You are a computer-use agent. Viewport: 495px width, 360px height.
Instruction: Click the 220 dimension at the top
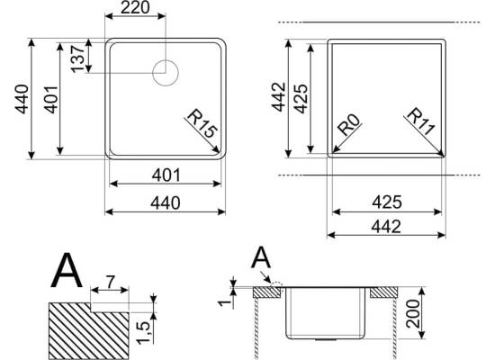click(x=135, y=8)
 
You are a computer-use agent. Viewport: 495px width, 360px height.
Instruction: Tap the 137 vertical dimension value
click(x=77, y=59)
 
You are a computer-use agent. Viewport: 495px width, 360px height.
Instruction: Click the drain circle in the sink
click(x=166, y=73)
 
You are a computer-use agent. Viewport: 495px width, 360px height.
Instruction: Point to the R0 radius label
click(x=349, y=124)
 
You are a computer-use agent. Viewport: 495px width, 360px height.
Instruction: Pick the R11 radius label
click(x=421, y=121)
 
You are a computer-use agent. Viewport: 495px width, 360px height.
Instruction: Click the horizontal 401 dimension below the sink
click(x=166, y=175)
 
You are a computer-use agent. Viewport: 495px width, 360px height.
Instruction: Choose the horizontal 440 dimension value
click(x=166, y=203)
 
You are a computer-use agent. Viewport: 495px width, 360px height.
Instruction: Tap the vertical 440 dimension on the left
click(x=22, y=99)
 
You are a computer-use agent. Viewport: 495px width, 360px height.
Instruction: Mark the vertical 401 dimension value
click(x=51, y=99)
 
